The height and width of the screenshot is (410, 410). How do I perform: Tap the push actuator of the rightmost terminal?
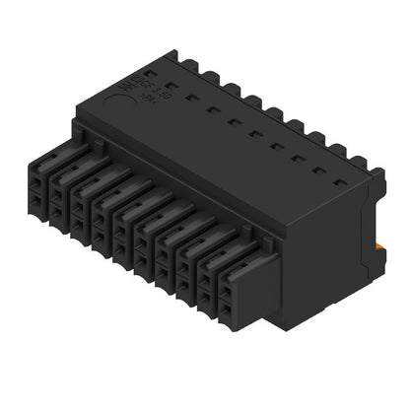pos(233,270)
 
